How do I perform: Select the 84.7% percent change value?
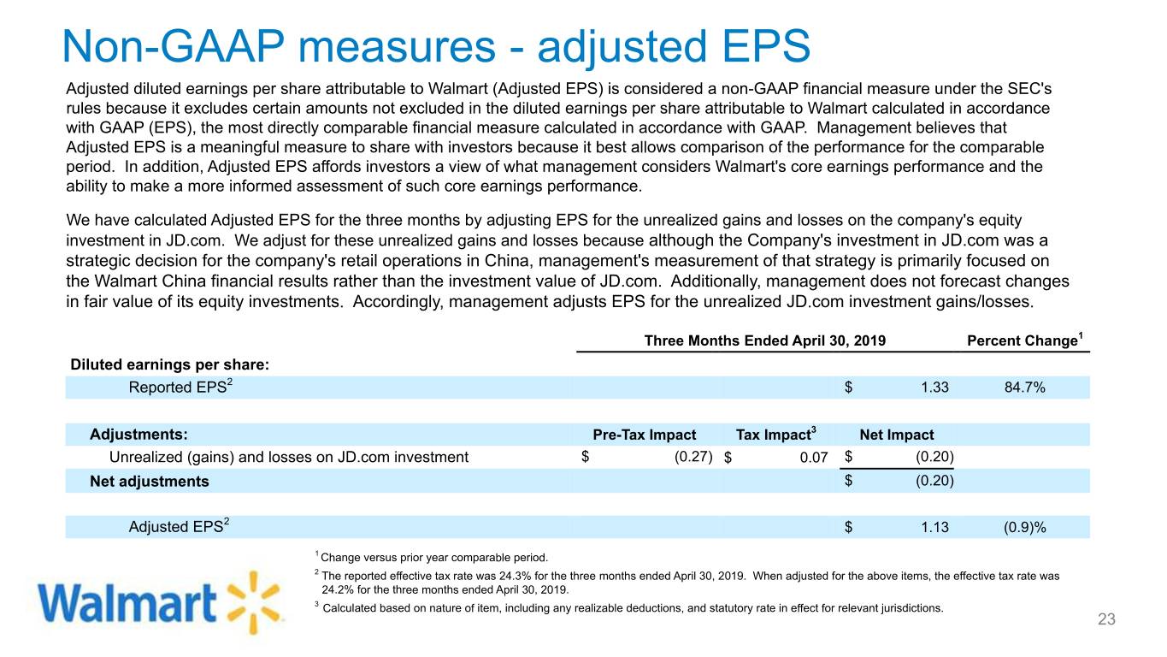coord(1024,388)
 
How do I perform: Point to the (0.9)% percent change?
coord(1024,527)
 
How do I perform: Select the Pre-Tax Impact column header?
coord(644,435)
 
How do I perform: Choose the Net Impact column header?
coord(896,435)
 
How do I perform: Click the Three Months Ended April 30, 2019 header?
coord(764,340)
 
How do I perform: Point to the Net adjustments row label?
coord(150,481)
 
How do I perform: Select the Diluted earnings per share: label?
coord(169,364)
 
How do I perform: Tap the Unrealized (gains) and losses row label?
coord(289,457)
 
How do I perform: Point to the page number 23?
coord(1107,620)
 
